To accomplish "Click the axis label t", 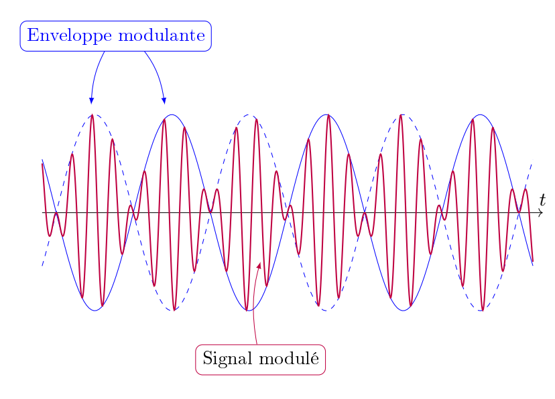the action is [x=543, y=200].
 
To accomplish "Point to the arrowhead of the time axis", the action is [x=540, y=213].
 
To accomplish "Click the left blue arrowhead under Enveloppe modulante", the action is [x=91, y=100].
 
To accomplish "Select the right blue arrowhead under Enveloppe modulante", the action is [x=164, y=100].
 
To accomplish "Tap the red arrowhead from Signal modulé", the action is [x=259, y=265].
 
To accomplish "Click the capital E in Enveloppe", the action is [x=33, y=35].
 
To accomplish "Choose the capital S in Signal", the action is [x=207, y=358].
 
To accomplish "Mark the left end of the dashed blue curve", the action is [x=42, y=265].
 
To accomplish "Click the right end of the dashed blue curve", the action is [x=532, y=163].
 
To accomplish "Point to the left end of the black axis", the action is [x=42, y=213].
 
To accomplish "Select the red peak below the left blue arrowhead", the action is [x=92, y=115].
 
